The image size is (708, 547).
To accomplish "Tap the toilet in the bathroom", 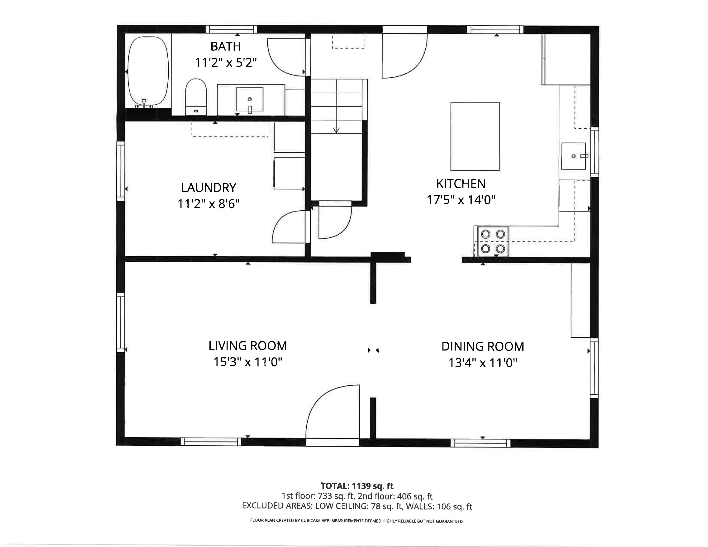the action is pyautogui.click(x=196, y=97).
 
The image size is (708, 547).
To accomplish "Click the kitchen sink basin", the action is pyautogui.click(x=574, y=156).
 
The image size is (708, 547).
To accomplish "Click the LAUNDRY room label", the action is pyautogui.click(x=209, y=188).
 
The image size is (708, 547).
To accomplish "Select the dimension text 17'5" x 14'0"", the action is pyautogui.click(x=461, y=200).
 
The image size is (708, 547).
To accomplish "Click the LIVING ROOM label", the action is pyautogui.click(x=248, y=346).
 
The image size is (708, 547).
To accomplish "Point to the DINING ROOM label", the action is pyautogui.click(x=483, y=346).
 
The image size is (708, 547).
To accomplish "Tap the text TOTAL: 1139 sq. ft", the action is pyautogui.click(x=357, y=486).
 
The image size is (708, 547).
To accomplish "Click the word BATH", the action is pyautogui.click(x=226, y=46).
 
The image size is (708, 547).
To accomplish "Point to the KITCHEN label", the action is pyautogui.click(x=461, y=184).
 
